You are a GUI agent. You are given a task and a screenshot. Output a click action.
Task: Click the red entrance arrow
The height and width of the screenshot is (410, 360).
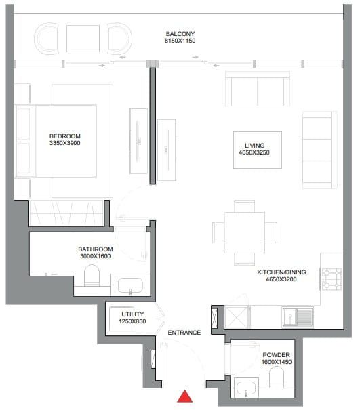[183, 397]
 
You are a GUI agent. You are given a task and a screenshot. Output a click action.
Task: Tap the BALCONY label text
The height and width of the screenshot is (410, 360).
[181, 33]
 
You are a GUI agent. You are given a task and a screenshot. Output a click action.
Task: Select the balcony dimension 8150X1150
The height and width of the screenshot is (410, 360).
[181, 41]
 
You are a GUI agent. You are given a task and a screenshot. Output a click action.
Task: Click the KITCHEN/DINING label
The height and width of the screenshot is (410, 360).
[281, 272]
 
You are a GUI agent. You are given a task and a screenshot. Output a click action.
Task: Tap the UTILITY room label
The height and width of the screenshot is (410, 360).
[133, 314]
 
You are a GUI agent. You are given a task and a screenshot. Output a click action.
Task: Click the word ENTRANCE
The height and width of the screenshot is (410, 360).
[184, 333]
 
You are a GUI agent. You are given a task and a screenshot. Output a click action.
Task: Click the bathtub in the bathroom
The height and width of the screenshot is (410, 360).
[129, 286]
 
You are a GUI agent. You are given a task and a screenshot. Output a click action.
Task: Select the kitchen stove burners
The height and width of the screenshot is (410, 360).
[333, 276]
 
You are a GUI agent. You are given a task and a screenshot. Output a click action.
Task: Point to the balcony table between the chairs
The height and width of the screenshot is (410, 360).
[83, 39]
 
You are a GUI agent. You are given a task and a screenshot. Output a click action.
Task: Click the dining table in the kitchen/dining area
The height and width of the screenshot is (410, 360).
[244, 232]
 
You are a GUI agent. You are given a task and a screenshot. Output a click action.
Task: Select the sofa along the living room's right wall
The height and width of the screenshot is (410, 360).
[318, 151]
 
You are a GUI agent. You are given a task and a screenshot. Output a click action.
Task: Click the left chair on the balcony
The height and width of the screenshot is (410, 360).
[46, 39]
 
